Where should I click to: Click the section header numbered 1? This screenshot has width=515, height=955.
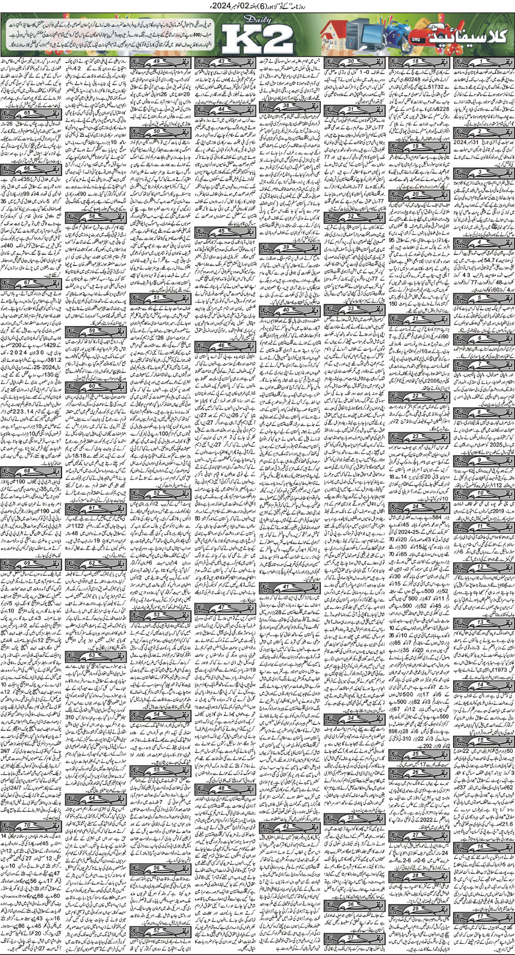483,62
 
